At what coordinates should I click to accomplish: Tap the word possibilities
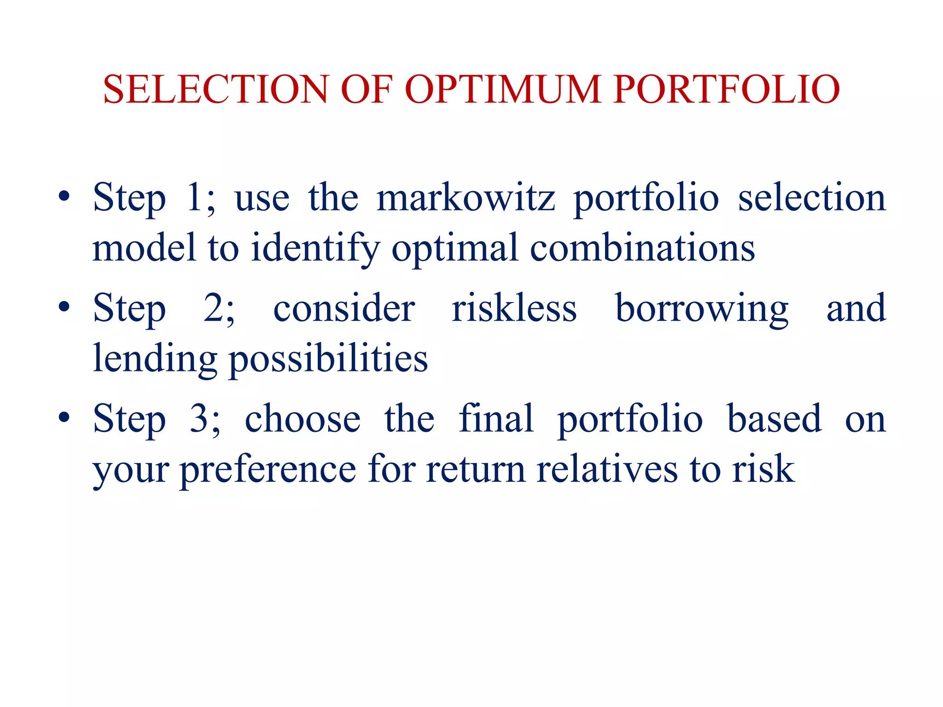(x=328, y=359)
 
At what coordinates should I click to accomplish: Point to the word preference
(x=268, y=469)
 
